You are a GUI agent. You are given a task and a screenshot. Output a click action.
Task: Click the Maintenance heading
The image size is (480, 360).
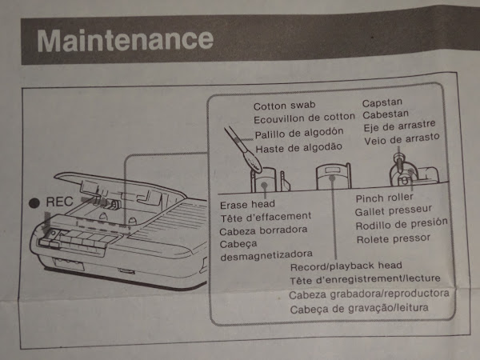126,40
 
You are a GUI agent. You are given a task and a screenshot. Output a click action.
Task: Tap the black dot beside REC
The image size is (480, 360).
34,203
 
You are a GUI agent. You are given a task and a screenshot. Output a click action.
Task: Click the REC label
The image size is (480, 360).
59,202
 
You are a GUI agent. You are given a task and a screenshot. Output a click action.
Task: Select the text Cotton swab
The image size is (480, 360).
284,106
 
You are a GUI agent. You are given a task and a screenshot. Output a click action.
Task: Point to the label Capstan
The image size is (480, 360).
382,102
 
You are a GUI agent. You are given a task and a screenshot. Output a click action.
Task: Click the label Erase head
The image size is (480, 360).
247,205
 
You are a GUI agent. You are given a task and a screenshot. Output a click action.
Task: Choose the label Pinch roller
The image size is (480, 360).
385,198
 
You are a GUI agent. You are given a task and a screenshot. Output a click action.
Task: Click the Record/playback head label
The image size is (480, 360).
346,266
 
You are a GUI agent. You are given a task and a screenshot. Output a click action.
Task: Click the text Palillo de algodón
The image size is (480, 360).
299,133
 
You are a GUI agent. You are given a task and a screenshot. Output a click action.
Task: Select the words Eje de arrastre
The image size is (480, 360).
399,126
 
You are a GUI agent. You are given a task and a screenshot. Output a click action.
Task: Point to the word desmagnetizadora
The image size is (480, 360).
266,255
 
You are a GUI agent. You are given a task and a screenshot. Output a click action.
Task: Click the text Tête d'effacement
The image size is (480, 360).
266,217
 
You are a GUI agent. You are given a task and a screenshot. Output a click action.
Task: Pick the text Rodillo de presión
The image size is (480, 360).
402,224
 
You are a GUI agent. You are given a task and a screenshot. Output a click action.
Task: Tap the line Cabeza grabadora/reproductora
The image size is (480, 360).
369,294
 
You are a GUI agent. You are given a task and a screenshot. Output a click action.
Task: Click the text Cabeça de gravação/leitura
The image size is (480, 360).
359,308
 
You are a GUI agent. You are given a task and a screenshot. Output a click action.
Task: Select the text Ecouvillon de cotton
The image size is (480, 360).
304,118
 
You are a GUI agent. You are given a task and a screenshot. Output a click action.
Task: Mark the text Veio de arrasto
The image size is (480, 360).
402,139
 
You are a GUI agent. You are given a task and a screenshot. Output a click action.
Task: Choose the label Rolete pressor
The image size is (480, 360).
394,238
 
